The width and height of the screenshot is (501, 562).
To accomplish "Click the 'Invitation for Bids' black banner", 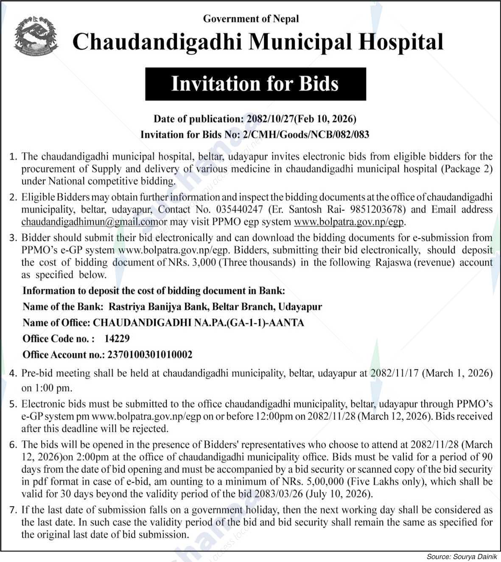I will tap(255, 84).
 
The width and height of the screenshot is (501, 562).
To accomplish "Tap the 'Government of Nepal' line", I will tap(251, 19).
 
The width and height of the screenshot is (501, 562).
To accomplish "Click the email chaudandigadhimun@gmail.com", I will tap(87, 222).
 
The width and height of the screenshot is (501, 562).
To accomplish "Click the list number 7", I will tap(13, 510).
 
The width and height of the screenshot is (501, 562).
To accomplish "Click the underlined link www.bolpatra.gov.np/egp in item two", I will tap(349, 222).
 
